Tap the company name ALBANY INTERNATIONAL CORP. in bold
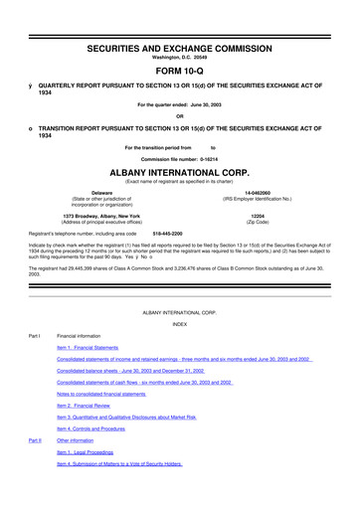pos(179,170)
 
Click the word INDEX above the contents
pos(179,324)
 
